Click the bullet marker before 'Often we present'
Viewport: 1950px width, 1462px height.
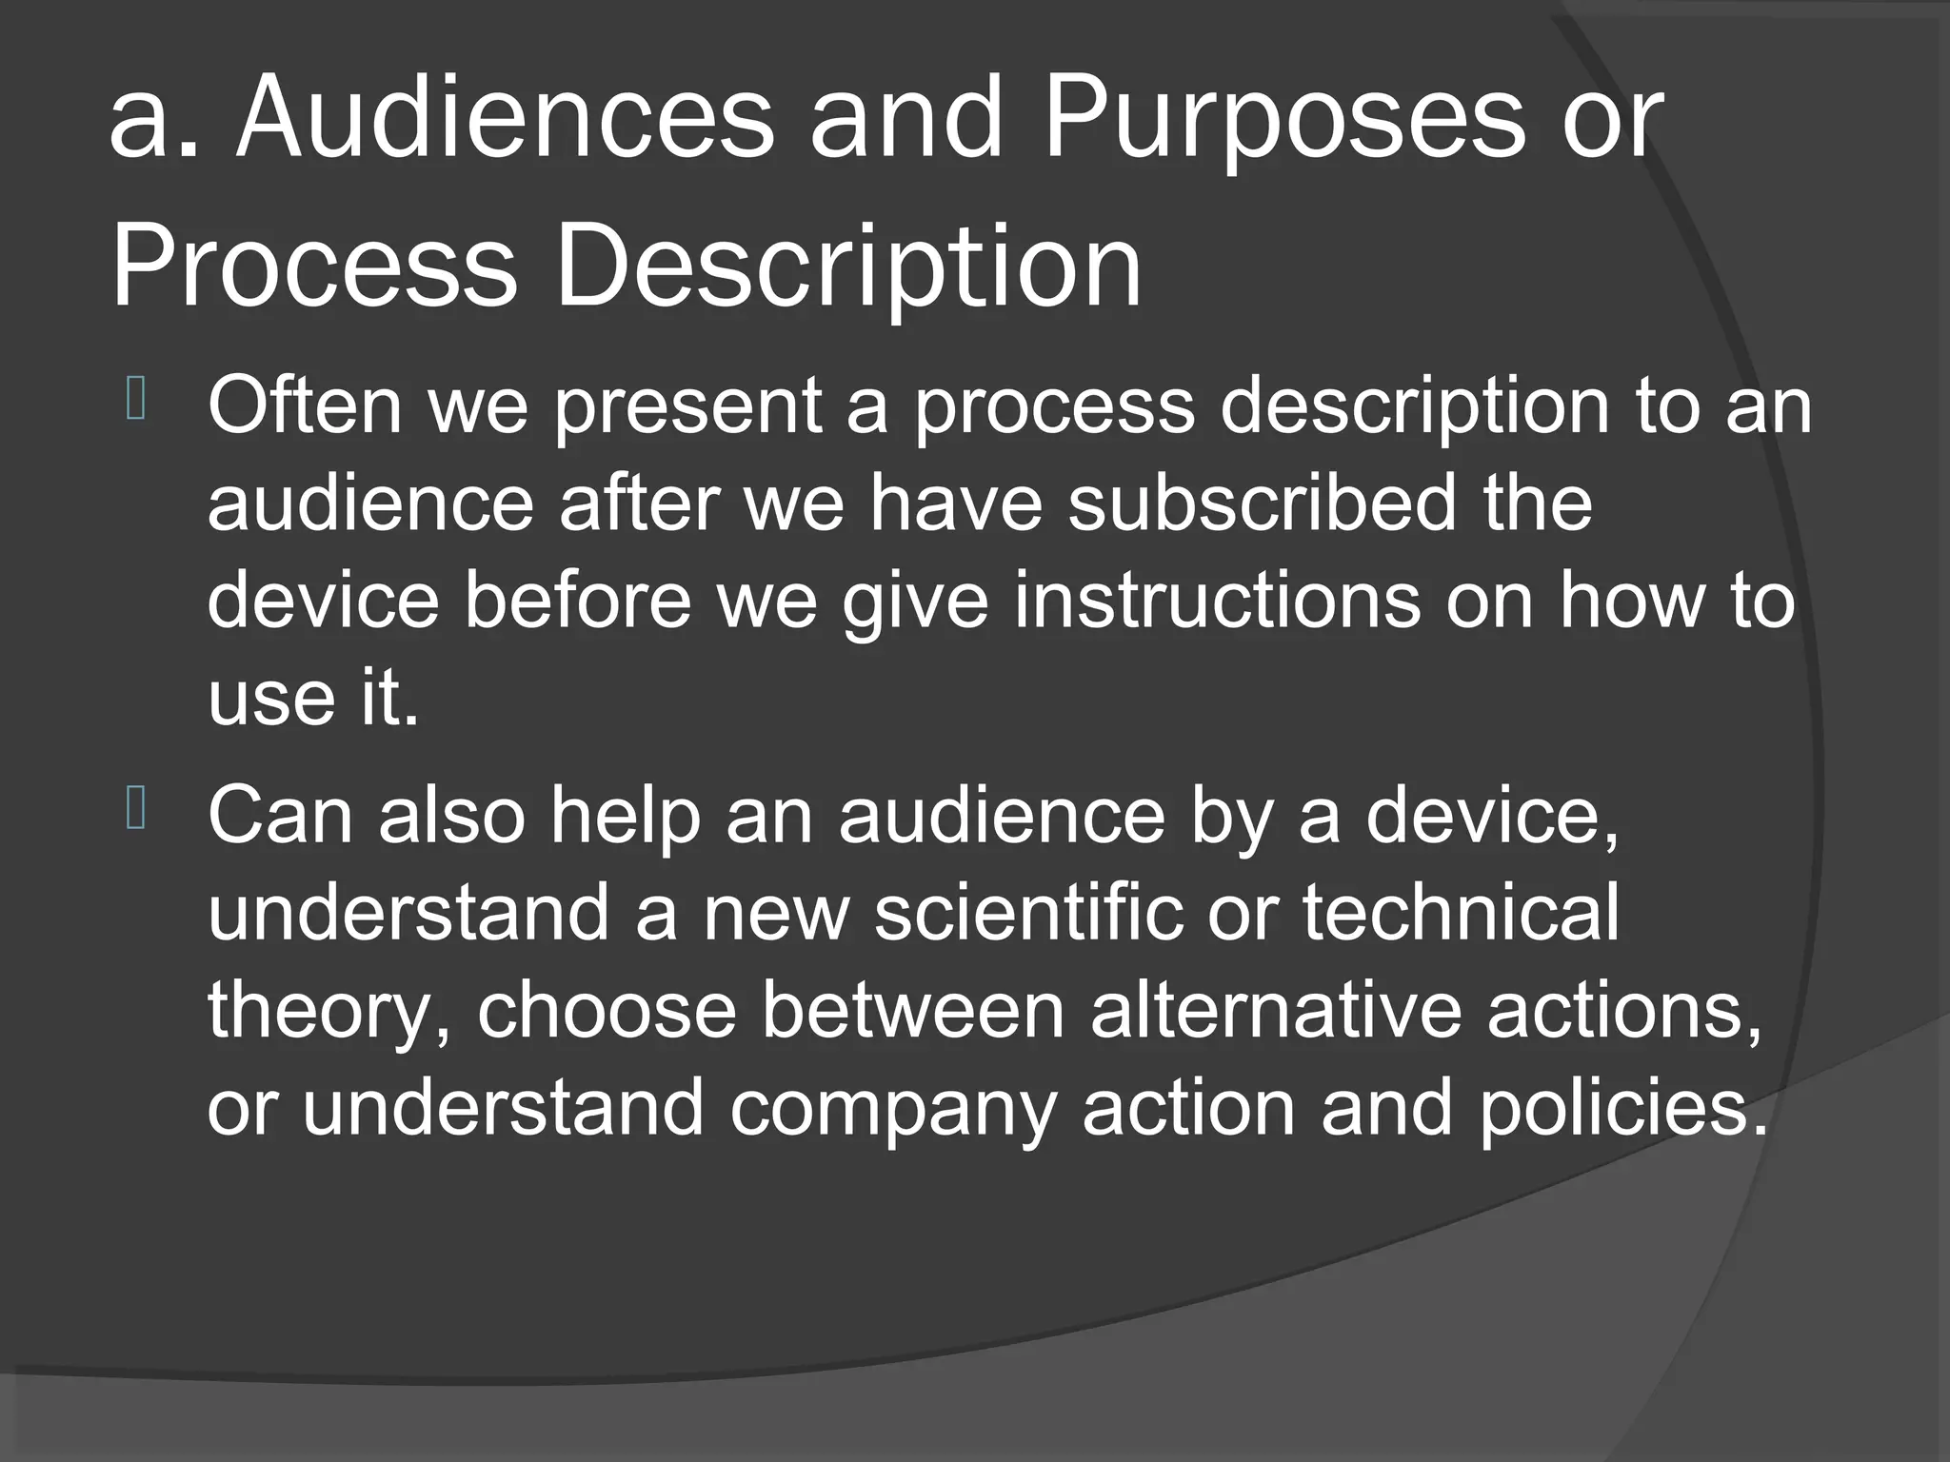tap(134, 401)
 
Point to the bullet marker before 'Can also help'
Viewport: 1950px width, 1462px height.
tap(134, 811)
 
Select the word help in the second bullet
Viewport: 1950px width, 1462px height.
tap(625, 818)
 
